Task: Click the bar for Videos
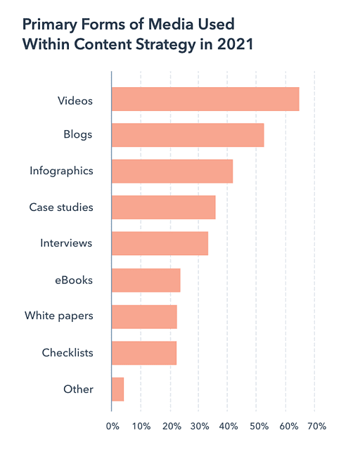[205, 99]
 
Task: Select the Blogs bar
[188, 135]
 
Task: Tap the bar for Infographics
[172, 172]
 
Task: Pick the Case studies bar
[164, 207]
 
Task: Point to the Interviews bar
[160, 244]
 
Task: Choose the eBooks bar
[146, 280]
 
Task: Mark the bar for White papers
[144, 317]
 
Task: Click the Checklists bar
[144, 353]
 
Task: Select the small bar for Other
[118, 389]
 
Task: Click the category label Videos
[75, 100]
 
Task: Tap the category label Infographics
[61, 171]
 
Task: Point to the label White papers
[58, 316]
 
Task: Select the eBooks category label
[75, 280]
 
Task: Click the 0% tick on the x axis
[112, 426]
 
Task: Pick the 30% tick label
[199, 426]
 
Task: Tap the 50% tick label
[257, 426]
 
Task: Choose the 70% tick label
[316, 426]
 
